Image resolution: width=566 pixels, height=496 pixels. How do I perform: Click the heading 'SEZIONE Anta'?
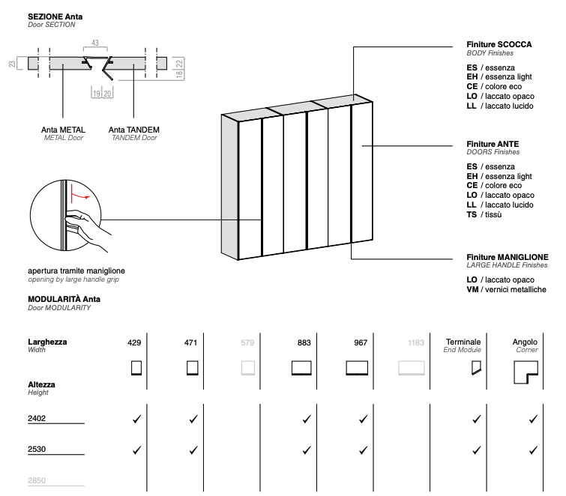click(55, 16)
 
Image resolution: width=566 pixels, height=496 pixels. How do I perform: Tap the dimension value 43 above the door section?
click(95, 43)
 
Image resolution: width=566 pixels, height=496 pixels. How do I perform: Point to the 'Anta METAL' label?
click(63, 130)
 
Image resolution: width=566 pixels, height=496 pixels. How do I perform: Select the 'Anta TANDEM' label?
click(133, 130)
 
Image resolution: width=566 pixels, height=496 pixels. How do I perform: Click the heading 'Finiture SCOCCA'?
click(499, 45)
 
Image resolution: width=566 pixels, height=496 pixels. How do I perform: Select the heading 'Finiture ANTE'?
click(493, 143)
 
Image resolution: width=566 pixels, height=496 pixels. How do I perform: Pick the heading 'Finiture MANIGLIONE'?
click(507, 256)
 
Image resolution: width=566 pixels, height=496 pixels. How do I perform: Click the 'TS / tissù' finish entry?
click(484, 214)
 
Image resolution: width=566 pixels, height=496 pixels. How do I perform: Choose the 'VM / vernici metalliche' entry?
click(506, 289)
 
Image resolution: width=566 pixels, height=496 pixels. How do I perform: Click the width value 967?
click(360, 342)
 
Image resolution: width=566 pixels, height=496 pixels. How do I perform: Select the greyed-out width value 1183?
click(416, 342)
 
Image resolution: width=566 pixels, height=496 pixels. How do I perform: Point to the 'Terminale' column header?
click(463, 342)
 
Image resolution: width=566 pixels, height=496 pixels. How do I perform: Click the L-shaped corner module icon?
click(526, 372)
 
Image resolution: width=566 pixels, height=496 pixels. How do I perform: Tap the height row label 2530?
click(37, 450)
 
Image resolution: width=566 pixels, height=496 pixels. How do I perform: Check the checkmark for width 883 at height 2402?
click(306, 419)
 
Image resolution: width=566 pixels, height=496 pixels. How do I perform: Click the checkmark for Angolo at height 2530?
click(533, 450)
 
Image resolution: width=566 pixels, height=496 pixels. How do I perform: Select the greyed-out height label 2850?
click(37, 482)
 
